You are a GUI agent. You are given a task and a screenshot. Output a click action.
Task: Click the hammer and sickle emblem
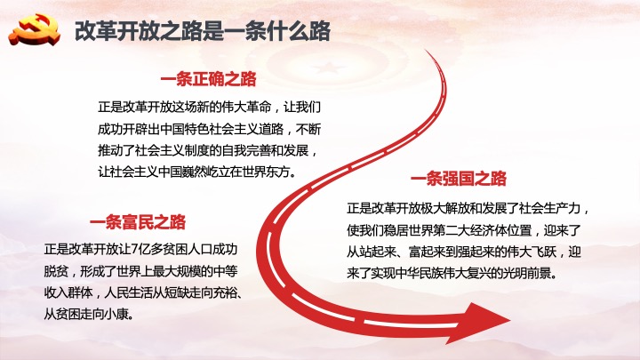click(35, 29)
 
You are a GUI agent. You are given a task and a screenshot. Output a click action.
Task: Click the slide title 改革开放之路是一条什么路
click(203, 31)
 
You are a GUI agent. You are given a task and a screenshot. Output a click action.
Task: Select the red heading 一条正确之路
click(208, 79)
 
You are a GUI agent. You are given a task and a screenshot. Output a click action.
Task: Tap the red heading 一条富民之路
click(138, 222)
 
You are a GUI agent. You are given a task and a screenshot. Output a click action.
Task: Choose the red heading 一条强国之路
click(459, 179)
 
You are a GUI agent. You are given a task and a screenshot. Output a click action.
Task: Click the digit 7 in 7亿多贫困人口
click(135, 250)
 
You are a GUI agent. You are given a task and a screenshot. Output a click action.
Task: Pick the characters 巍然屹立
click(206, 172)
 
